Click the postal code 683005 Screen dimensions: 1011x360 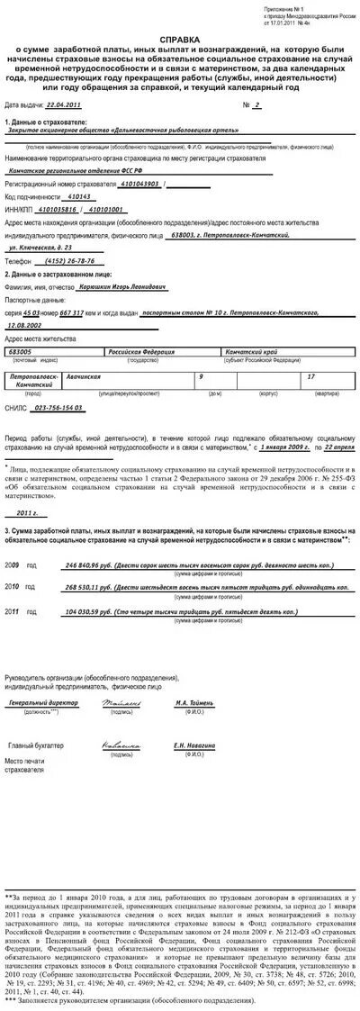(22, 351)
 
